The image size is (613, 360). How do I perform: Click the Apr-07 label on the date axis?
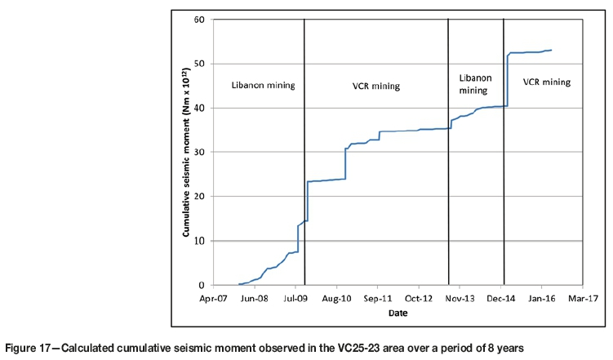[x=212, y=298]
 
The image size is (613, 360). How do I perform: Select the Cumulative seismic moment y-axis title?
[x=187, y=153]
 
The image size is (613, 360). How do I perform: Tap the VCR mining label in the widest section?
[x=375, y=85]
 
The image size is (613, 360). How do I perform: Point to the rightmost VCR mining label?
[x=546, y=82]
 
